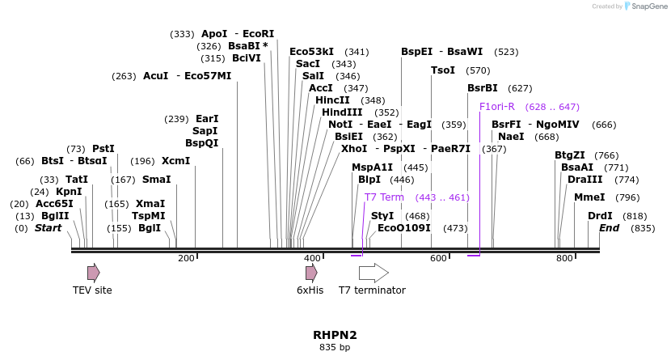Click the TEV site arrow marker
point(94,272)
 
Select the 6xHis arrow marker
point(311,273)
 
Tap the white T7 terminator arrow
point(373,273)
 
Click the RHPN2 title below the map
point(335,334)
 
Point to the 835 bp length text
point(335,347)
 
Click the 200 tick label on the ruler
point(186,258)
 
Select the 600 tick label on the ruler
point(438,258)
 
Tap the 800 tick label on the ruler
point(564,258)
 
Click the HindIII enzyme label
point(342,112)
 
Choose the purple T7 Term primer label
point(384,197)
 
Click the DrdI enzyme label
point(600,216)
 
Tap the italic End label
point(609,228)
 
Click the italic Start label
point(48,228)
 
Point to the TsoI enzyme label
point(443,70)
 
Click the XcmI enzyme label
point(175,161)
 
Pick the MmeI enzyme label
point(589,197)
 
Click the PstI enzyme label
point(103,149)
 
